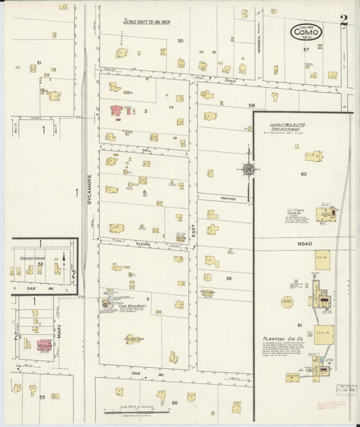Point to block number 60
(x=304, y=174)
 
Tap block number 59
(x=229, y=278)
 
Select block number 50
(x=180, y=41)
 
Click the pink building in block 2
(x=116, y=109)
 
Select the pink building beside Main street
(x=45, y=345)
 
